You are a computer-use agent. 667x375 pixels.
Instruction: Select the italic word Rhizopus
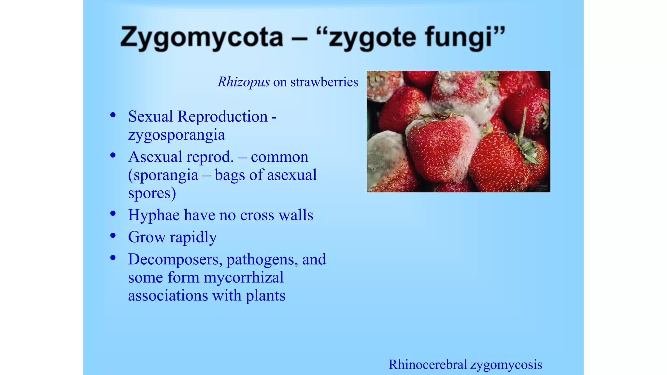(x=244, y=82)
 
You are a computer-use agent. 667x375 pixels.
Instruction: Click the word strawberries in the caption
(x=324, y=82)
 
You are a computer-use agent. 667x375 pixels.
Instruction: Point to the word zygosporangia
(x=176, y=135)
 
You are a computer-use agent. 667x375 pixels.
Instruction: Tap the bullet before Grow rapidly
(x=113, y=235)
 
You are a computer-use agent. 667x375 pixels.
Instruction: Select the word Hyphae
(x=154, y=215)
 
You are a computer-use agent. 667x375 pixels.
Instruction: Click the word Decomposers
(x=175, y=259)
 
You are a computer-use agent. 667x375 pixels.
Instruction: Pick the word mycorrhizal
(x=243, y=278)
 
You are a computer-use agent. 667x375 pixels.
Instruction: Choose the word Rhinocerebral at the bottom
(x=428, y=365)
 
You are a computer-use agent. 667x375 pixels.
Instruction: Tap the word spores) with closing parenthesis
(x=152, y=194)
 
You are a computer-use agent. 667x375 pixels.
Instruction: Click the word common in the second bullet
(x=279, y=157)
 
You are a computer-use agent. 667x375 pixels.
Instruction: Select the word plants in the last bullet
(x=265, y=296)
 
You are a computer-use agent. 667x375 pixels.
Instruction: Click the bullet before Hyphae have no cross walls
(x=113, y=214)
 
